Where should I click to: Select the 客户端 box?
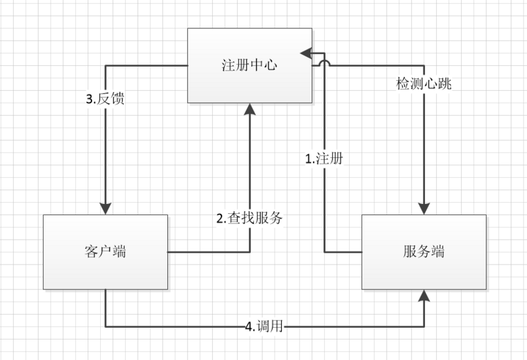click(105, 251)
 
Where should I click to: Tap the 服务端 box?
click(425, 251)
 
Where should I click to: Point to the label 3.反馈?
click(106, 100)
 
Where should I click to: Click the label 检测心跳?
click(424, 84)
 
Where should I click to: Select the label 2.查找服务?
click(250, 219)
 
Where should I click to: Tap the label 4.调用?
click(264, 326)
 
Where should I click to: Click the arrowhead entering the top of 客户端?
click(105, 208)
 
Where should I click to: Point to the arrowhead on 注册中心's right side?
click(305, 52)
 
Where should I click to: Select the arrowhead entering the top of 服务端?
click(425, 208)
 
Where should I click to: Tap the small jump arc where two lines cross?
click(325, 63)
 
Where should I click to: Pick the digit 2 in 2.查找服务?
click(221, 219)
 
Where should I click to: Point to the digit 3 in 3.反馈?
click(90, 100)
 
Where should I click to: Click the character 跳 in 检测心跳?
click(445, 84)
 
